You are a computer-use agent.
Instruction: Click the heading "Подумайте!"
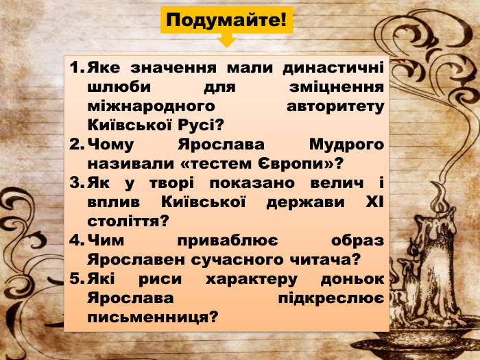[226, 19]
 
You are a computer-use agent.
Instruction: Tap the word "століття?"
[128, 222]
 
